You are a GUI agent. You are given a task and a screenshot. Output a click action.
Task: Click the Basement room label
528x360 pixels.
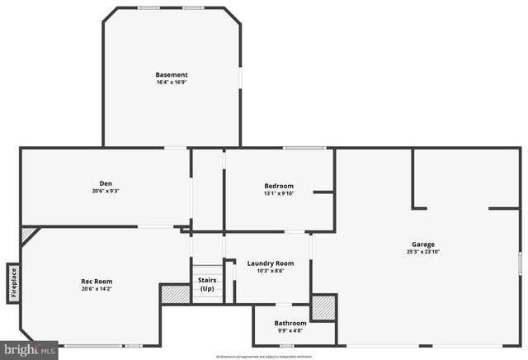172,75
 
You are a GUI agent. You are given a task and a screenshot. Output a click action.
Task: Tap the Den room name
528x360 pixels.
106,183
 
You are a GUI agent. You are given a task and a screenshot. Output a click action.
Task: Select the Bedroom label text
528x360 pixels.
279,186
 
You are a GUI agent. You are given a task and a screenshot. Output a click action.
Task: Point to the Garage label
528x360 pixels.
423,244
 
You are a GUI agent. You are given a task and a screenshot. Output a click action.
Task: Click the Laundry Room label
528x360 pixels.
271,263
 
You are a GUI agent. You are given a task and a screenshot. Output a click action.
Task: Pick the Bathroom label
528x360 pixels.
290,323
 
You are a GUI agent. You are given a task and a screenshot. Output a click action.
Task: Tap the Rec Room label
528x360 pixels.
97,282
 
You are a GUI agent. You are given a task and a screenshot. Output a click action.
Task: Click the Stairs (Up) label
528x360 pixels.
207,284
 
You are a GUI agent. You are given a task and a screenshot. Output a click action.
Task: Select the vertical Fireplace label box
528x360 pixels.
13,282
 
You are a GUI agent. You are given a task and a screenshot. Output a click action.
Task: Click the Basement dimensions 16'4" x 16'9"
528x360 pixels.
172,83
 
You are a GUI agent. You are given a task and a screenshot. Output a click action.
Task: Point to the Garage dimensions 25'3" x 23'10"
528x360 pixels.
423,252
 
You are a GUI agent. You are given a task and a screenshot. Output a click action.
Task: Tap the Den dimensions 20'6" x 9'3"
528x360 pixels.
106,191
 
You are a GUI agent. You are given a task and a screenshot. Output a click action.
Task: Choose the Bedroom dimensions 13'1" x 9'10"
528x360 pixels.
279,193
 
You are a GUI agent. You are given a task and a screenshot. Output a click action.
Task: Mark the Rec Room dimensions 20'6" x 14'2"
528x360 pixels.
97,289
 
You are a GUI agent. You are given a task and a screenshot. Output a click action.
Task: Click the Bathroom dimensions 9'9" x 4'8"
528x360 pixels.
290,330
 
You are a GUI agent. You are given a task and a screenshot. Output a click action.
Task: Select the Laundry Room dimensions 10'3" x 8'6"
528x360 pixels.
271,271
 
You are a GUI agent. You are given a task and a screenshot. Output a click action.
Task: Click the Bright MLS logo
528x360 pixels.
29,350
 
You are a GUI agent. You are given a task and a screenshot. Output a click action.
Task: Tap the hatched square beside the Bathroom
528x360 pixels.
323,307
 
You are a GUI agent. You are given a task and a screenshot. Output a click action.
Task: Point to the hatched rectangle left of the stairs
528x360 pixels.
174,294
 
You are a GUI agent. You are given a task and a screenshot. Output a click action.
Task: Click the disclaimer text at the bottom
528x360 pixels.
264,357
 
